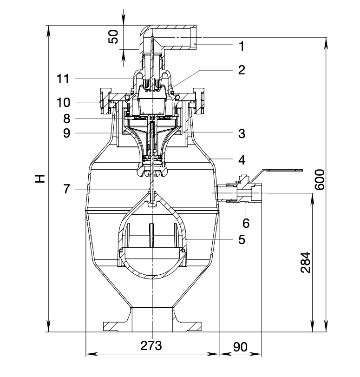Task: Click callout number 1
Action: [241, 46]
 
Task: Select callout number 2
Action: [241, 70]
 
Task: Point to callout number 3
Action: [241, 133]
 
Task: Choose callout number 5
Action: [241, 239]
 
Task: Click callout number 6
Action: [246, 223]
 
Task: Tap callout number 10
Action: [64, 101]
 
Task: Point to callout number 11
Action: [64, 79]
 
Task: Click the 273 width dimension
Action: [151, 346]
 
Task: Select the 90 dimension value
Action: [240, 346]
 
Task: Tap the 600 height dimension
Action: [320, 179]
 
